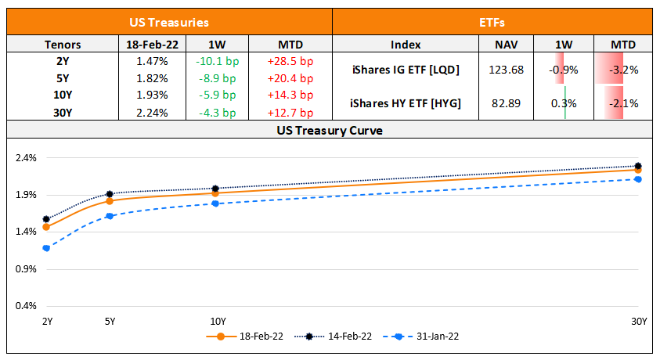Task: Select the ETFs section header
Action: pyautogui.click(x=493, y=23)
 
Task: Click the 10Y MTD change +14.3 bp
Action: pyautogui.click(x=290, y=95)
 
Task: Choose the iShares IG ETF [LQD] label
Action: pyautogui.click(x=405, y=70)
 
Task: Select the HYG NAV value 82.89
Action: pyautogui.click(x=504, y=103)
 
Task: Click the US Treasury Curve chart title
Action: pyautogui.click(x=330, y=130)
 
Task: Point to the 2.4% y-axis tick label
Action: pyautogui.click(x=26, y=157)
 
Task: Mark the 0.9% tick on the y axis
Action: pyautogui.click(x=26, y=268)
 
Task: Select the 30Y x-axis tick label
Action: pyautogui.click(x=639, y=321)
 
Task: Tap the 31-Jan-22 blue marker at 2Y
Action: pyautogui.click(x=46, y=248)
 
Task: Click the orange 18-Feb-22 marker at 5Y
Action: pyautogui.click(x=110, y=201)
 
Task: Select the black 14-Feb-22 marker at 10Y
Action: pyautogui.click(x=215, y=189)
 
